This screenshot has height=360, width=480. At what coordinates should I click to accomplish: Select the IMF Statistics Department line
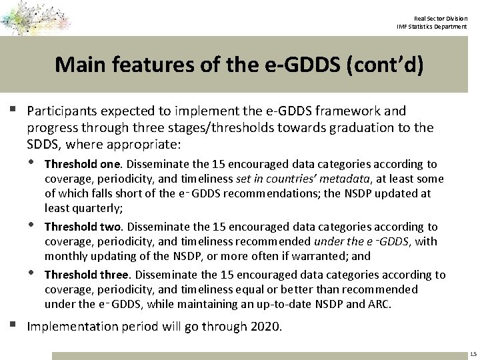click(436, 26)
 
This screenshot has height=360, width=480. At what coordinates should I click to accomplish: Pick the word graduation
click(349, 127)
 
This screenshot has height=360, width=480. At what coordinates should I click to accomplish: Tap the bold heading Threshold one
click(83, 164)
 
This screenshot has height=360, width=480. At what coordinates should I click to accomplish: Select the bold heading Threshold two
click(83, 227)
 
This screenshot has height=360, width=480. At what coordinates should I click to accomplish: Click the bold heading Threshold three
click(86, 275)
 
